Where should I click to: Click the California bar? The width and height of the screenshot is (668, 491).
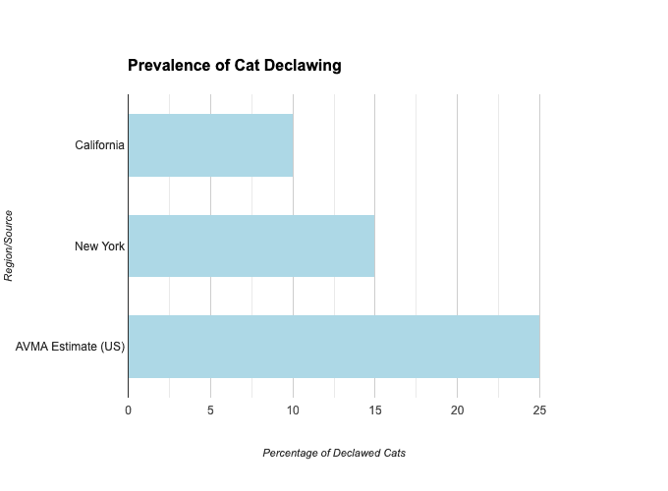click(210, 145)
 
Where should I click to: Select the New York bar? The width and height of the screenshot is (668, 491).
click(251, 245)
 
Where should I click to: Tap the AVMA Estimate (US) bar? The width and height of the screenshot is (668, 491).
click(334, 347)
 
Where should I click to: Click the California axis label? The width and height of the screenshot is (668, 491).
click(99, 145)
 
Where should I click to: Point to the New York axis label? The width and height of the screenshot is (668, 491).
click(99, 245)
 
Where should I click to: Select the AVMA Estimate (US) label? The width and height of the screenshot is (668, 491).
click(70, 347)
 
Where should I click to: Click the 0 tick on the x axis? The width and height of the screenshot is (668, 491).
click(128, 409)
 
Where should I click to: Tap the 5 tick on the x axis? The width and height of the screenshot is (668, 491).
click(210, 409)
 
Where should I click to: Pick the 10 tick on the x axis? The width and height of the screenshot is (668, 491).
click(293, 409)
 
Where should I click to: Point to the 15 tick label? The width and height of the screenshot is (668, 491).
click(374, 409)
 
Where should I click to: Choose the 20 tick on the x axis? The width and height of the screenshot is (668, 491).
click(457, 409)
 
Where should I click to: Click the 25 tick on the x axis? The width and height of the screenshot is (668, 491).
click(539, 409)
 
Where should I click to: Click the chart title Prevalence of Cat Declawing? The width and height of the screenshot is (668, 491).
click(235, 66)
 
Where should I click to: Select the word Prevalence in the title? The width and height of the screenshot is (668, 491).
click(168, 66)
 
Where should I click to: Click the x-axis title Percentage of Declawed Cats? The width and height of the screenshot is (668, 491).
click(334, 453)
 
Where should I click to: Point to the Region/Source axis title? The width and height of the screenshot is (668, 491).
click(9, 245)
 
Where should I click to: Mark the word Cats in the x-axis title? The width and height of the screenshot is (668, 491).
click(394, 453)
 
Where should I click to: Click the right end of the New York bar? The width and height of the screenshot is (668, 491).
click(373, 245)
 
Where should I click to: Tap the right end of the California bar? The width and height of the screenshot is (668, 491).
click(292, 145)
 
